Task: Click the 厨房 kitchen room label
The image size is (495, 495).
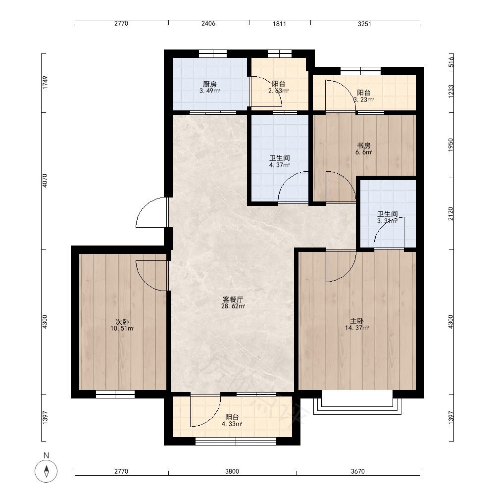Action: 209,84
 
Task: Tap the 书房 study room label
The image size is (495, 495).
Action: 364,146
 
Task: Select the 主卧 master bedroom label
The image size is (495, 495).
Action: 357,321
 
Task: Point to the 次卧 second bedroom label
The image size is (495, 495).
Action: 122,322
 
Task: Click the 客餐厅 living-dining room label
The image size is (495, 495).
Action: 233,299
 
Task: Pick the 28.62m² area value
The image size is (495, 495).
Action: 233,306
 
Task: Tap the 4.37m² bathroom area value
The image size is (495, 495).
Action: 279,165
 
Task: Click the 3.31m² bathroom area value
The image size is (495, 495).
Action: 388,221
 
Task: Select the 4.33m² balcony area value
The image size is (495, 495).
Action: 232,424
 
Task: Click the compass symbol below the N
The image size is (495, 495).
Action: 46,471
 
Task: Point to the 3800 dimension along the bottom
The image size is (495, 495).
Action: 232,471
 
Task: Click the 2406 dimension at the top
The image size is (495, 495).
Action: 208,23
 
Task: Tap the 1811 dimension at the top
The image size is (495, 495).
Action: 279,23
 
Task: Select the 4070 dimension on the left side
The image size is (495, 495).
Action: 45,181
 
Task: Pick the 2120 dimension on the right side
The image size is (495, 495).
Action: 451,214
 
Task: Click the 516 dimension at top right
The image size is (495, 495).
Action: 451,61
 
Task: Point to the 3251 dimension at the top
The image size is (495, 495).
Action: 364,23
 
